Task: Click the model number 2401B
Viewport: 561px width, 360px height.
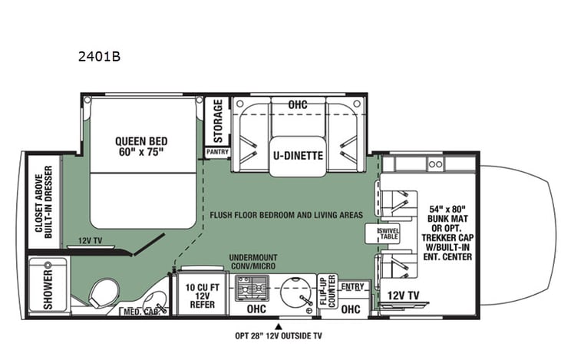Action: (100, 56)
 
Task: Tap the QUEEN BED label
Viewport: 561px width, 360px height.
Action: (141, 146)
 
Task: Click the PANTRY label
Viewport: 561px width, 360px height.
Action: (217, 153)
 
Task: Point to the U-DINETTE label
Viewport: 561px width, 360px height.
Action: (296, 156)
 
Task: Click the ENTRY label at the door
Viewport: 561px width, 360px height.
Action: (352, 285)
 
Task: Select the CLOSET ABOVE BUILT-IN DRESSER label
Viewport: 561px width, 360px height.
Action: (42, 201)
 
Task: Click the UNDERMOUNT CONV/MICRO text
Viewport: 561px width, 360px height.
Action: (256, 262)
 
